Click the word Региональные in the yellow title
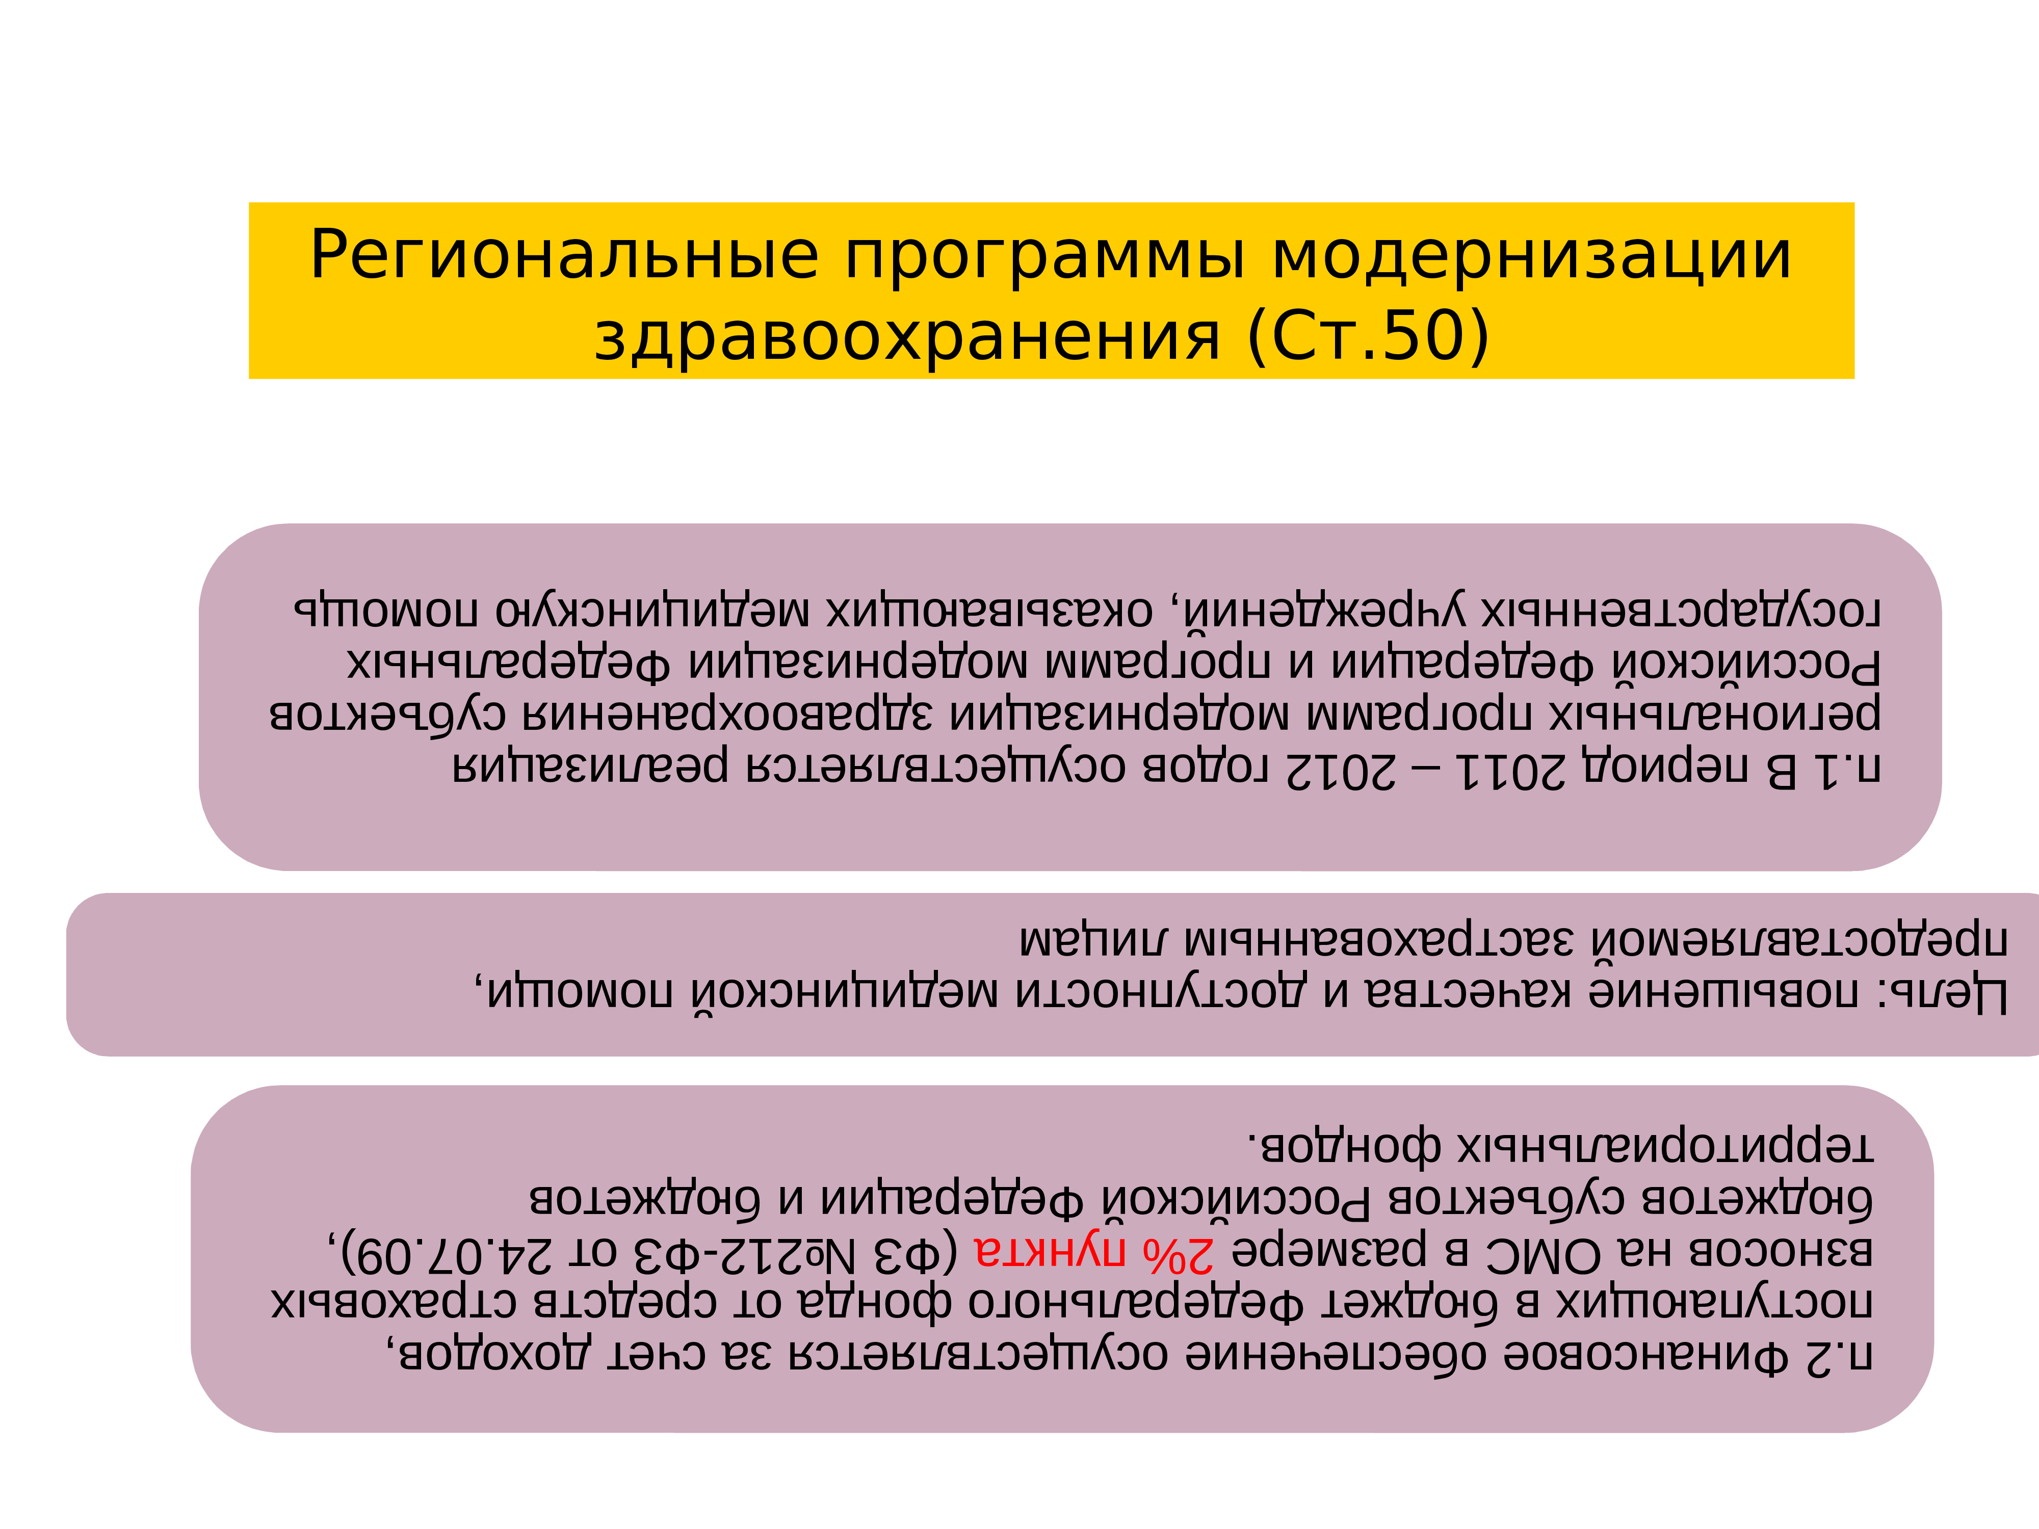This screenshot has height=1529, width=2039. coord(564,255)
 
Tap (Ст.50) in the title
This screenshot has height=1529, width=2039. coord(1368,335)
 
